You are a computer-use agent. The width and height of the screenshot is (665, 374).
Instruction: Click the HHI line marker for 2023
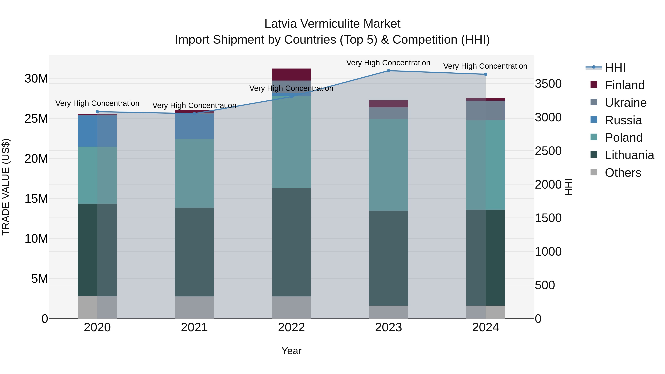click(x=388, y=71)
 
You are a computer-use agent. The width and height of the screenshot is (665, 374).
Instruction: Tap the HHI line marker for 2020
click(x=97, y=112)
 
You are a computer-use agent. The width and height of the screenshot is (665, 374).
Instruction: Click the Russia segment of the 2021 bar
click(x=194, y=126)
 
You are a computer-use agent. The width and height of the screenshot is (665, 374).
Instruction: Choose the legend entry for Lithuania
click(x=629, y=155)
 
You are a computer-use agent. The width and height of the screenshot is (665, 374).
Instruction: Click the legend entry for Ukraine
click(x=625, y=103)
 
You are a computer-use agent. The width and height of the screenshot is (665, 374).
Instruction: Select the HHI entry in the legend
click(x=615, y=68)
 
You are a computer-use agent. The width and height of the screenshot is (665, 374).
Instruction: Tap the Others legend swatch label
click(x=623, y=173)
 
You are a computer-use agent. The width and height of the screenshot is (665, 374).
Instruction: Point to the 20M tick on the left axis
click(x=36, y=159)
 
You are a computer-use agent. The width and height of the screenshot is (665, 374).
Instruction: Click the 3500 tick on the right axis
click(x=548, y=84)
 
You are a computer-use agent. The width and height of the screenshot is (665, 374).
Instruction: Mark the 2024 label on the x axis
click(x=485, y=327)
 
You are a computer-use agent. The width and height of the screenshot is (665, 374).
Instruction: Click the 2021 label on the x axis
click(x=194, y=327)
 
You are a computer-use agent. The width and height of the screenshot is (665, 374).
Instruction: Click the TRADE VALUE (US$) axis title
click(x=6, y=187)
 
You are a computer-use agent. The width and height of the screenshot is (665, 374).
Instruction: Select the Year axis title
click(x=291, y=351)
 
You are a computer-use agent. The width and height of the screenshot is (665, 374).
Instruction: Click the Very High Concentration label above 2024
click(x=485, y=66)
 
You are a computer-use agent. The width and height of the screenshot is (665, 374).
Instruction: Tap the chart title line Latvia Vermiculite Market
click(x=332, y=24)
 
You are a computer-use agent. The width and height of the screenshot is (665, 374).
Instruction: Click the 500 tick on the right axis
click(x=545, y=285)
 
